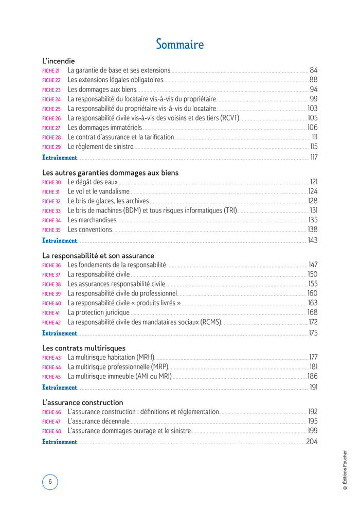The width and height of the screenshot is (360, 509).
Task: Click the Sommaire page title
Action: click(179, 44)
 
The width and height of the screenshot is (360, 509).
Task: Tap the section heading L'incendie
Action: click(59, 61)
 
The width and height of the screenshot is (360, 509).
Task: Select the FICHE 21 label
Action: click(51, 71)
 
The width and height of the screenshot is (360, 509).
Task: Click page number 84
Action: click(314, 70)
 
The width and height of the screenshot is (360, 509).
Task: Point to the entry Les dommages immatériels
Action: click(105, 128)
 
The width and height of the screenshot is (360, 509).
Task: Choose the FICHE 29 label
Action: click(51, 147)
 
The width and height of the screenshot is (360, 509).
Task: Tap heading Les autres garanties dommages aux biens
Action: click(110, 173)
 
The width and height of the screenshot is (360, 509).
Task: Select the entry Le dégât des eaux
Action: click(93, 182)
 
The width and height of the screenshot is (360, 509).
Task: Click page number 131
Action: click(313, 210)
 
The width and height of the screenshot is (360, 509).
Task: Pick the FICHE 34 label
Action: click(51, 221)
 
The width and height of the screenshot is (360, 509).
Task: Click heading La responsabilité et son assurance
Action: click(98, 255)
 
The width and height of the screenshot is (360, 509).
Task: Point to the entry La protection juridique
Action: click(99, 312)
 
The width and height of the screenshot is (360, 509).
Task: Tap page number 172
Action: click(313, 322)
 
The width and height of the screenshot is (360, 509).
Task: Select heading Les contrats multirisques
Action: click(83, 348)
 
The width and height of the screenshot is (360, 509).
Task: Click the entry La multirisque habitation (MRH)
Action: click(111, 357)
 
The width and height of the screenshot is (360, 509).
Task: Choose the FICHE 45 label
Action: click(51, 377)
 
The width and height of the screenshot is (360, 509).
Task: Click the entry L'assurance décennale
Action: click(99, 421)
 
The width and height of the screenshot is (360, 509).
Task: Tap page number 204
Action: click(312, 442)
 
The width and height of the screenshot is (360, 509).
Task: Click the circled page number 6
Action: click(50, 482)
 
